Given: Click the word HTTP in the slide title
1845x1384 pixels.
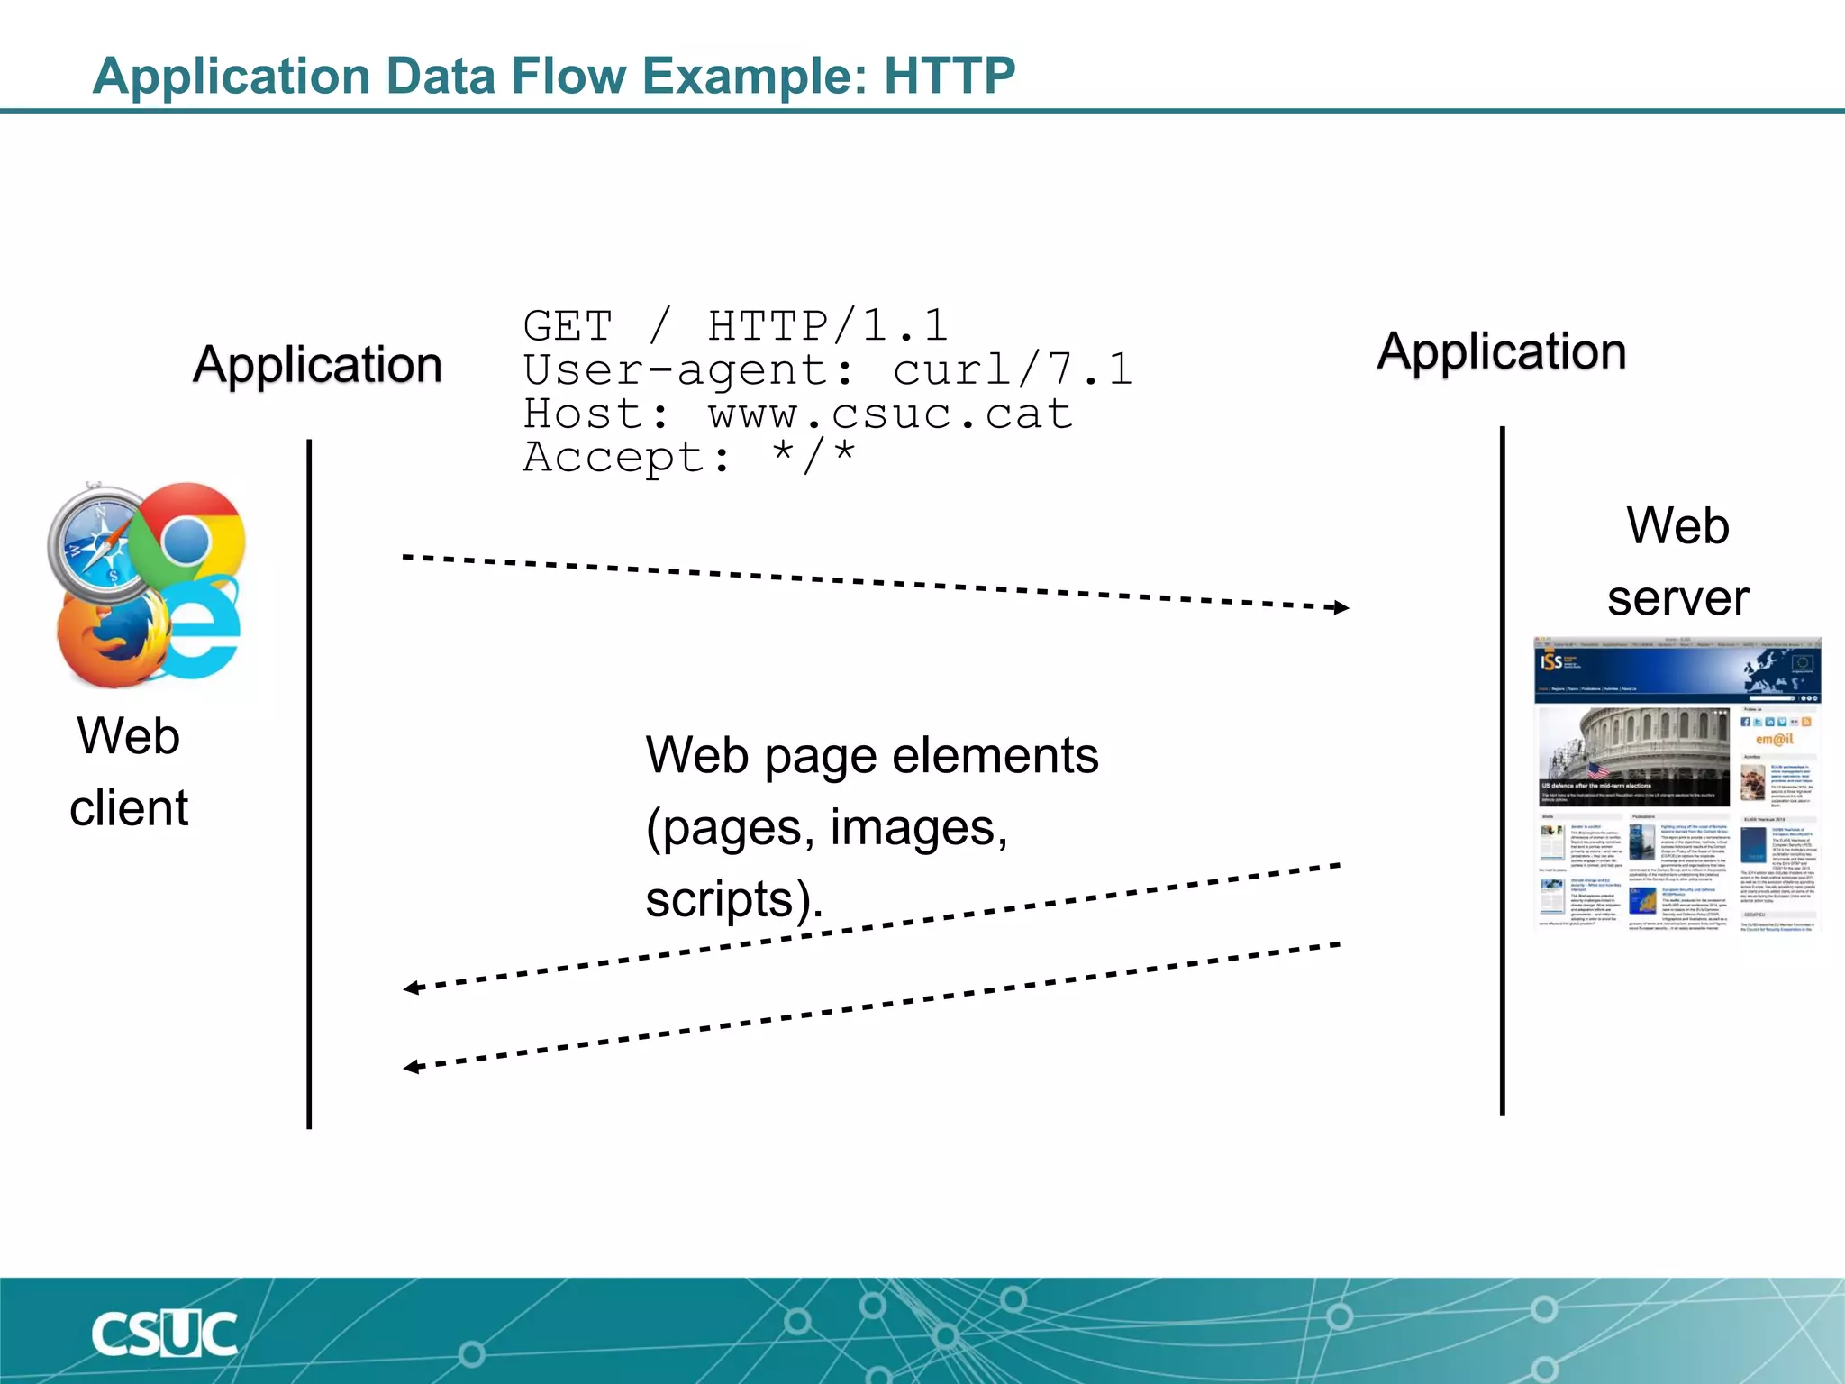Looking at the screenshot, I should (949, 76).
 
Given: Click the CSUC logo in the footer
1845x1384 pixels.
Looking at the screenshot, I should (164, 1334).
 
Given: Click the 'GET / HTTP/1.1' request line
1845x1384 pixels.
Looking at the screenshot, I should (735, 325).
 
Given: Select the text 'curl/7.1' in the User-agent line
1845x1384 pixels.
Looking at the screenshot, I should (1012, 369).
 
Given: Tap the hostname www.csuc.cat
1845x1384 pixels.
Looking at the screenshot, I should (890, 414).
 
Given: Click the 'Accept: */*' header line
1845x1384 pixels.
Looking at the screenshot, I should (689, 457).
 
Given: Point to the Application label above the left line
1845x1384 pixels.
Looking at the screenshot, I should (317, 365).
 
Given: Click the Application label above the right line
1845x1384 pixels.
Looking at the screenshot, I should (1502, 351).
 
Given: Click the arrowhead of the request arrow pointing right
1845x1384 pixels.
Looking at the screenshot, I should (1341, 607).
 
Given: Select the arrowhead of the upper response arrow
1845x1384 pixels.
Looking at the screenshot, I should (411, 988).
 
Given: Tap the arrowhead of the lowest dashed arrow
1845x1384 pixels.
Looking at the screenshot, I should (411, 1067).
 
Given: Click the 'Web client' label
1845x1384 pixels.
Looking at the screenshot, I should (129, 771).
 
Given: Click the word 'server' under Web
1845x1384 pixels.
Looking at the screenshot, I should (1677, 598).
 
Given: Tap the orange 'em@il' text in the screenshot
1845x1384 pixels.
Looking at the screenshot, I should (1774, 739).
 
